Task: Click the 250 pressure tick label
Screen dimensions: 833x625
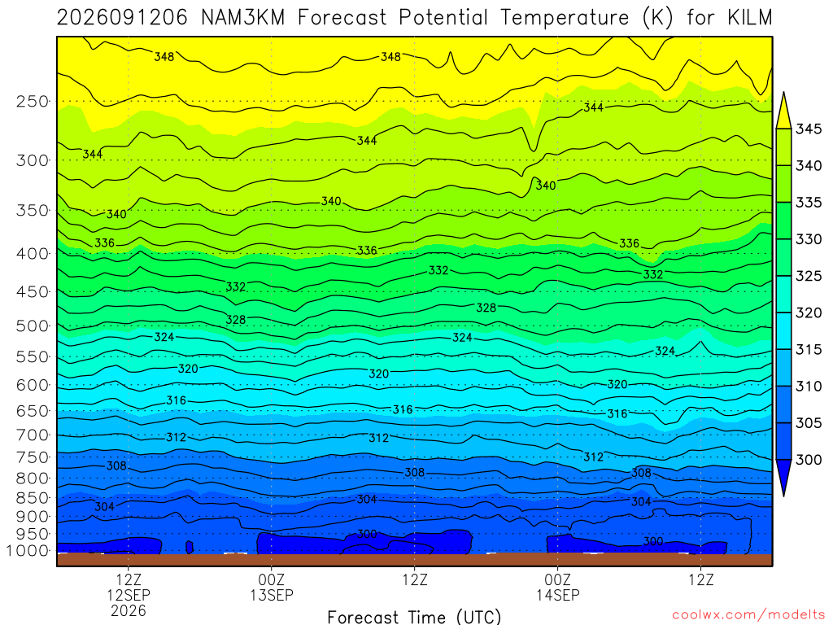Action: click(33, 101)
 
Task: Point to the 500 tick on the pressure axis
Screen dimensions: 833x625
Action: click(33, 326)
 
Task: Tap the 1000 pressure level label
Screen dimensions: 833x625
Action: click(28, 551)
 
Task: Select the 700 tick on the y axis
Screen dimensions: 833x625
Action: click(33, 435)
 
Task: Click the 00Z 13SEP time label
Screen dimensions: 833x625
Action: click(272, 587)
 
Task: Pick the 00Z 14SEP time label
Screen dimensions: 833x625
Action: click(557, 587)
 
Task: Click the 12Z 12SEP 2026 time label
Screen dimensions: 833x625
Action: click(129, 595)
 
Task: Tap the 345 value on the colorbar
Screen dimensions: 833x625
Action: click(808, 129)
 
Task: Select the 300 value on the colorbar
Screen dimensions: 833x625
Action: click(808, 459)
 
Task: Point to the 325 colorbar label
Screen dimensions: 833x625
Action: click(808, 276)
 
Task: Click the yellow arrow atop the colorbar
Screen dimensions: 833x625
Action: click(783, 111)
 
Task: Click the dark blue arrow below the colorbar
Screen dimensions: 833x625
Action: click(783, 477)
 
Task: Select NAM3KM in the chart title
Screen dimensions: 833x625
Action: click(242, 18)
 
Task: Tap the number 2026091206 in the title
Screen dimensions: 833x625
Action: click(122, 18)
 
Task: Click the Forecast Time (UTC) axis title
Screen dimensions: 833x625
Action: click(414, 617)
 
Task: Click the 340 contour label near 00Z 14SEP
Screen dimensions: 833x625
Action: click(546, 186)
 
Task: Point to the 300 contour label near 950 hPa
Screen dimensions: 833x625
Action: click(367, 534)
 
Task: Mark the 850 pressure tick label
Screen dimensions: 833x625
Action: click(33, 498)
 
